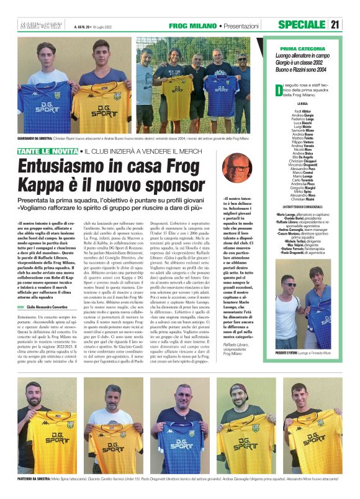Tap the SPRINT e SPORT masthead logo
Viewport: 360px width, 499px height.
coord(35,25)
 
